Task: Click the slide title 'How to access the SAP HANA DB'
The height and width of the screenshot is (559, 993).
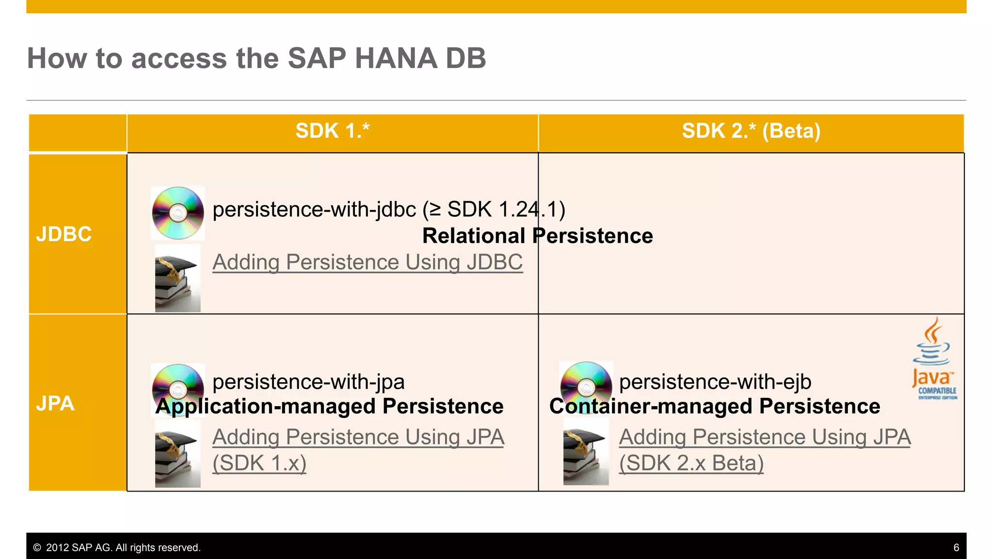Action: [x=256, y=58]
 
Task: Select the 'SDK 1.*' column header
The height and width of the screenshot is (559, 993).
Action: [x=332, y=131]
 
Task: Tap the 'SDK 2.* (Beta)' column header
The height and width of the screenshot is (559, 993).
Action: [x=751, y=131]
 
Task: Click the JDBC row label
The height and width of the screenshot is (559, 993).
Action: [x=64, y=234]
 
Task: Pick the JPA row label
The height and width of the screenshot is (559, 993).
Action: [x=55, y=404]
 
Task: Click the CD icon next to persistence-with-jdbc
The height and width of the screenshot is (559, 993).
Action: [x=178, y=213]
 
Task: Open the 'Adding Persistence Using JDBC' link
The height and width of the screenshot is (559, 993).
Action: [x=368, y=263]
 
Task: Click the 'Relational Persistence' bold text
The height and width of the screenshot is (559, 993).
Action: [x=537, y=236]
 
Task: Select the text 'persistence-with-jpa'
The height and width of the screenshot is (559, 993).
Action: [x=308, y=382]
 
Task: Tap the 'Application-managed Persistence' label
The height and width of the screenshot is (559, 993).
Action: [x=329, y=406]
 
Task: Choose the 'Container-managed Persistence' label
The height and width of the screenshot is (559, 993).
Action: [x=714, y=406]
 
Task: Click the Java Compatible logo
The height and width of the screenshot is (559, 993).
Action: [x=934, y=359]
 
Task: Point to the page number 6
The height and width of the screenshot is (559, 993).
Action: [x=956, y=548]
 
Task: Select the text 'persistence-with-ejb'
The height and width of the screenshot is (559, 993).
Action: [x=715, y=382]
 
